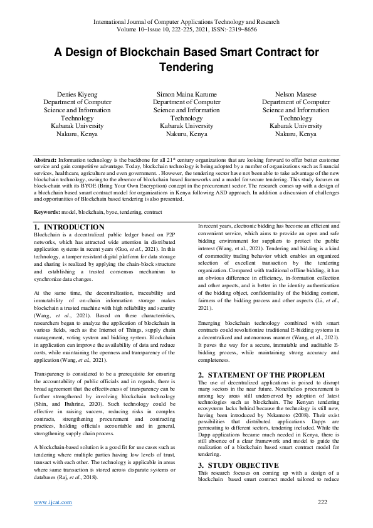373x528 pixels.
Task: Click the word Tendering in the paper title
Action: coord(186,66)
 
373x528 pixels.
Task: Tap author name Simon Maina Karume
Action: coord(186,94)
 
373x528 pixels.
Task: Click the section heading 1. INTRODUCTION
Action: coord(69,226)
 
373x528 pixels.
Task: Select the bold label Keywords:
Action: coord(47,213)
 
